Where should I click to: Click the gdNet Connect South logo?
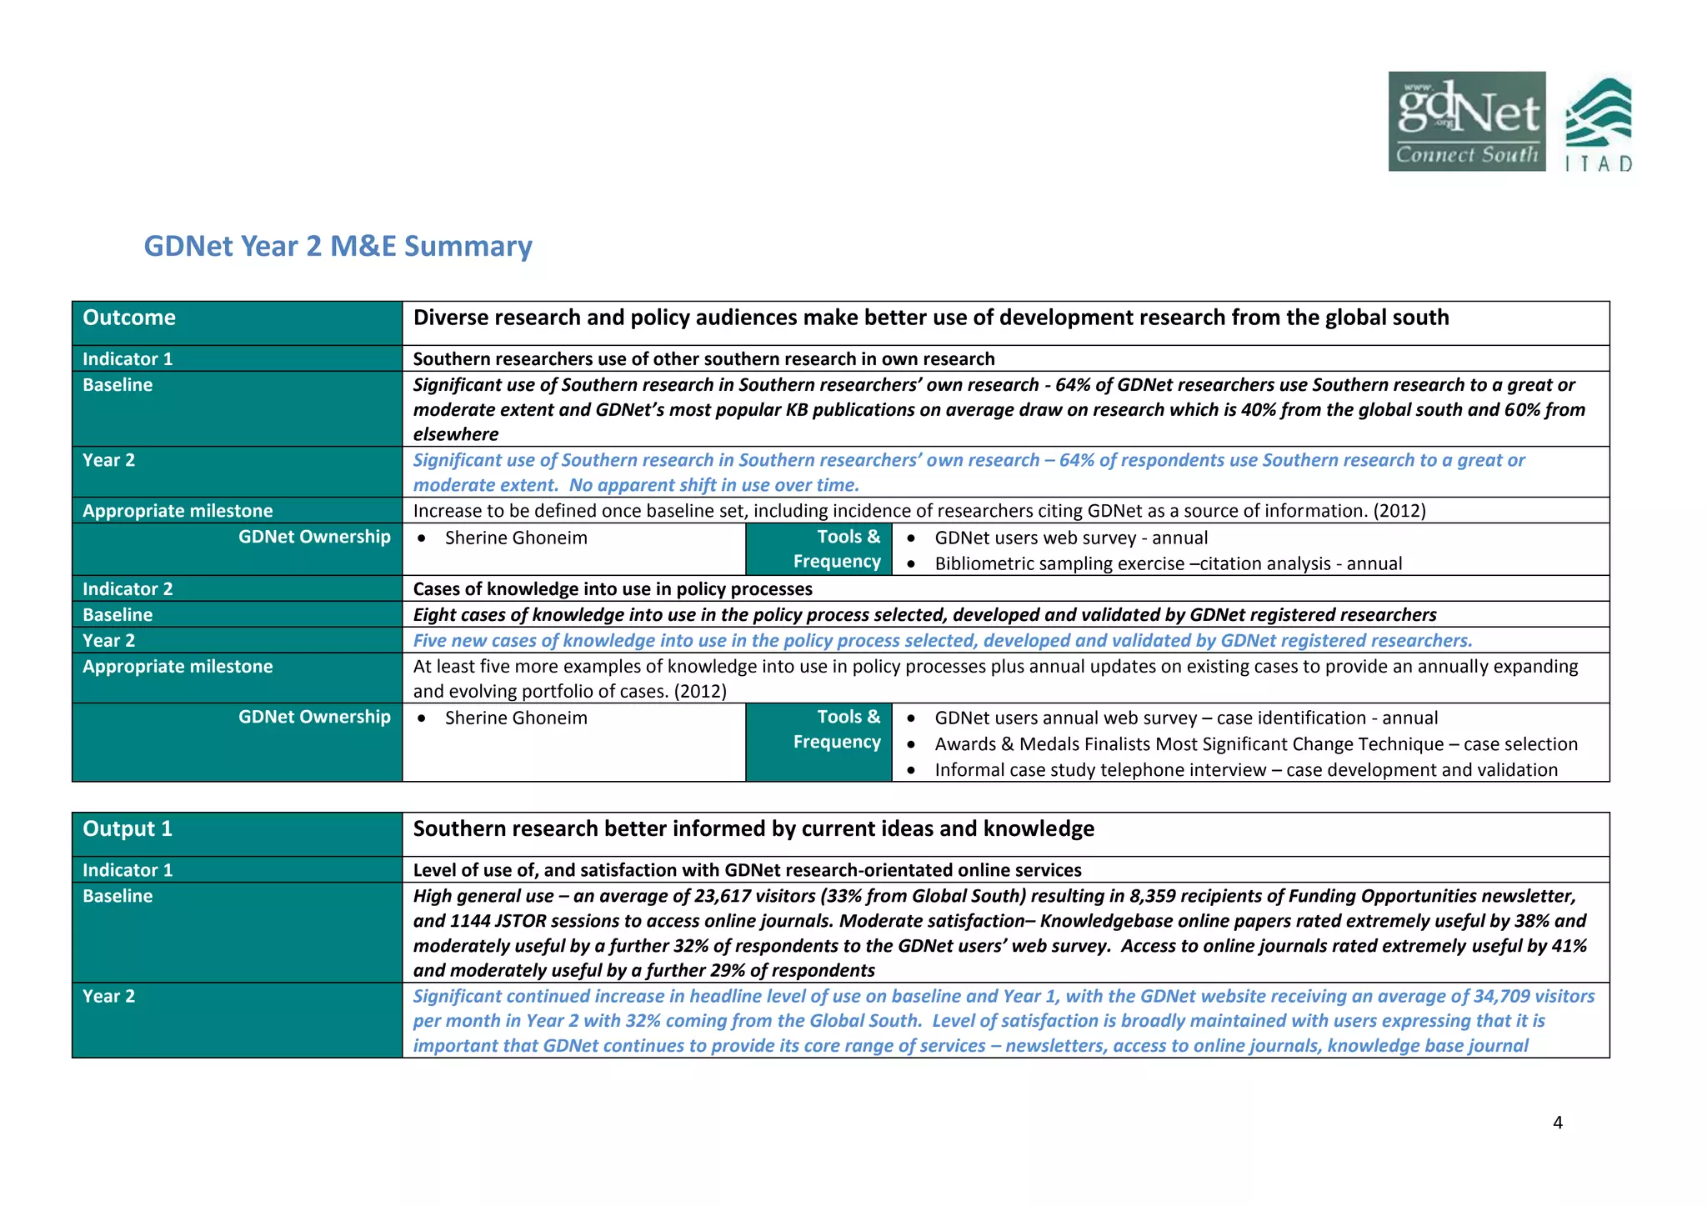pyautogui.click(x=1466, y=122)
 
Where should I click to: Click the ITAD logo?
pyautogui.click(x=1598, y=125)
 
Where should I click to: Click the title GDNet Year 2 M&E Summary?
pyautogui.click(x=338, y=246)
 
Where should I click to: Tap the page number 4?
pyautogui.click(x=1558, y=1123)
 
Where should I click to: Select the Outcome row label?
pyautogui.click(x=129, y=318)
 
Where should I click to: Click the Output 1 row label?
pyautogui.click(x=128, y=828)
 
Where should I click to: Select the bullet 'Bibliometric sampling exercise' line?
pyautogui.click(x=1168, y=563)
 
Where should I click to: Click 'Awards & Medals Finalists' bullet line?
pyautogui.click(x=1255, y=744)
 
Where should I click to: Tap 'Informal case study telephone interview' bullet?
pyautogui.click(x=1245, y=770)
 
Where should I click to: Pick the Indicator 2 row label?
pyautogui.click(x=128, y=589)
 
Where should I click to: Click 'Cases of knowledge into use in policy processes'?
pyautogui.click(x=613, y=589)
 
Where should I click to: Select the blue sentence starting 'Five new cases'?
pyautogui.click(x=942, y=640)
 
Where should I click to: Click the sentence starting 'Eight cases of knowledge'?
pyautogui.click(x=924, y=615)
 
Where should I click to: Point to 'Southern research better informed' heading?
pyautogui.click(x=753, y=828)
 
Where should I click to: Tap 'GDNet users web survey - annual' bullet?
pyautogui.click(x=1070, y=538)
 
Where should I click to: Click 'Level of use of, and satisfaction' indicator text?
pyautogui.click(x=747, y=870)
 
